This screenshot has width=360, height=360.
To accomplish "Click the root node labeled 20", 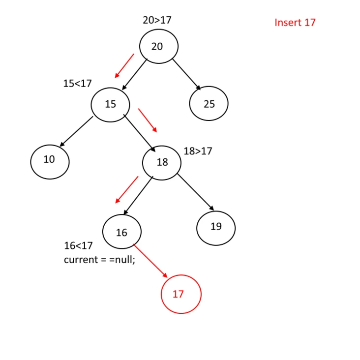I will click(x=158, y=46).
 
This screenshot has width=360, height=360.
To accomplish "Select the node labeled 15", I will click(x=111, y=104).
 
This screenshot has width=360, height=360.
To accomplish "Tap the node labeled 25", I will click(x=209, y=104).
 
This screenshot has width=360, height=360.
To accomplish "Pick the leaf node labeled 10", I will click(x=50, y=160).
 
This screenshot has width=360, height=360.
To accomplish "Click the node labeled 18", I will click(x=162, y=162).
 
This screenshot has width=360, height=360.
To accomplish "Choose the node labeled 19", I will click(x=216, y=227).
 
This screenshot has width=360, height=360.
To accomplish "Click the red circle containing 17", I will click(x=181, y=294).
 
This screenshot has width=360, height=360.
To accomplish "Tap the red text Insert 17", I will click(x=295, y=23).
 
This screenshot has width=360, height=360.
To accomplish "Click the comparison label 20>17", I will click(x=157, y=20).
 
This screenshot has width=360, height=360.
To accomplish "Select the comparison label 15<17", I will click(x=77, y=84).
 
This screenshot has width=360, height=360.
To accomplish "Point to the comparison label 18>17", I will click(x=198, y=151).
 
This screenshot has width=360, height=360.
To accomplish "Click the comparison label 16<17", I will click(x=78, y=246).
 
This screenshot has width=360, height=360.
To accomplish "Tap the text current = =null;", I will click(x=99, y=260).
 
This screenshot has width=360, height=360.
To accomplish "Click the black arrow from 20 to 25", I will click(x=186, y=74).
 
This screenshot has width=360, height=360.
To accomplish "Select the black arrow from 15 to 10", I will click(x=76, y=131).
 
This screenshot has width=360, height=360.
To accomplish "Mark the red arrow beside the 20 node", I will click(x=124, y=66).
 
